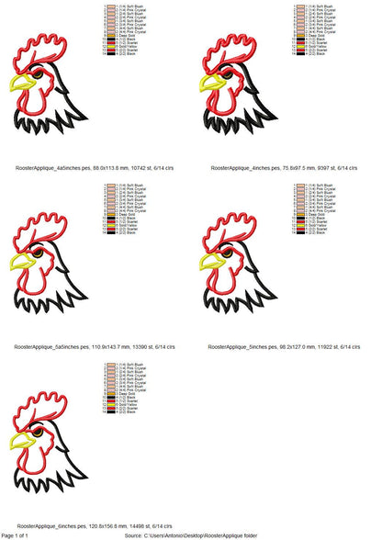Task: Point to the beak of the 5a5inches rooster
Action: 23,262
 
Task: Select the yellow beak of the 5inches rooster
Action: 211,261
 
